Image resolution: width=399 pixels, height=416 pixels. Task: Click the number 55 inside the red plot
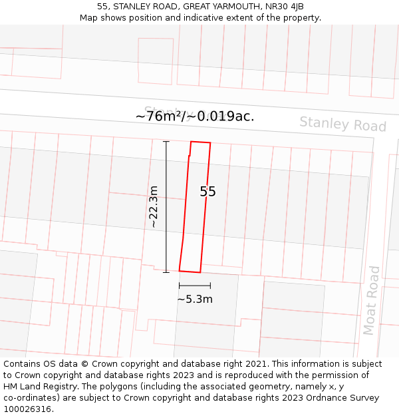[208, 192]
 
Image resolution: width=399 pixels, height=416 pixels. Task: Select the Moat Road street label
[371, 300]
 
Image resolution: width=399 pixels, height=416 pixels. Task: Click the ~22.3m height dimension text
[154, 207]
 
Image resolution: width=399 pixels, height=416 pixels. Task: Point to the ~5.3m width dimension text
[195, 300]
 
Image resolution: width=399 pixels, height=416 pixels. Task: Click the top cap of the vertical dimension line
[166, 142]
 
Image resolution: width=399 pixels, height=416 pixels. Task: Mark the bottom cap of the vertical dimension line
[166, 272]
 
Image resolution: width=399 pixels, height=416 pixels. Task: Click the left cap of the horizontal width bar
[179, 286]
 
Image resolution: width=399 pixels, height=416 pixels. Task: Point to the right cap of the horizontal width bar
[210, 286]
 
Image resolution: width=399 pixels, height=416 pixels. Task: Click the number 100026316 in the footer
[27, 409]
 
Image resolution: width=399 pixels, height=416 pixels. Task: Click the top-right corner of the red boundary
[210, 143]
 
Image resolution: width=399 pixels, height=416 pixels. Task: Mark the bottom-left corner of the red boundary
[180, 270]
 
